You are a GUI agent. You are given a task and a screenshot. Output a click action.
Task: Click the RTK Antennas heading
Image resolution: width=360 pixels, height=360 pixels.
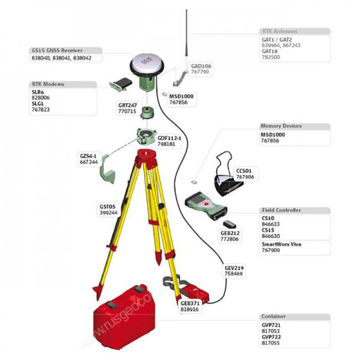[279, 32]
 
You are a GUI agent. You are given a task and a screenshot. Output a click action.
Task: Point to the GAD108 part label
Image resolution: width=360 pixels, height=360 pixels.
[200, 65]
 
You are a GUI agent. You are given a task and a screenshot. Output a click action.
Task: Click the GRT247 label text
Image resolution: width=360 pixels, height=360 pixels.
[127, 105]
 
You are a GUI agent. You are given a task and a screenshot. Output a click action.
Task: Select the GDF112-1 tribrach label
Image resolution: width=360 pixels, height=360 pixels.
[169, 138]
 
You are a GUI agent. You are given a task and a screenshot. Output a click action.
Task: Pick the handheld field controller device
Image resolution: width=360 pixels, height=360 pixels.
[205, 205]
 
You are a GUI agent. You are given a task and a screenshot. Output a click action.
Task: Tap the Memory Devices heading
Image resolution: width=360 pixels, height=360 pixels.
[281, 126]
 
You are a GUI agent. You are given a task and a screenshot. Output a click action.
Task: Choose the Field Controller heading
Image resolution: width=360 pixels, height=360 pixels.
[281, 210]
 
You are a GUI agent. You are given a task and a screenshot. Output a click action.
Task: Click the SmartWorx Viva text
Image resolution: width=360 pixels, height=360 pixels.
[282, 244]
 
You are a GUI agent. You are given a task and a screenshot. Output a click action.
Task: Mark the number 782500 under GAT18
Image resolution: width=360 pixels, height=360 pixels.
[271, 56]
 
